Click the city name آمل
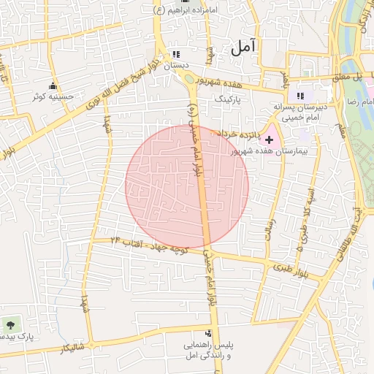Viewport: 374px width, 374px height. click(x=245, y=48)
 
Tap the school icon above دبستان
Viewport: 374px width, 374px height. click(x=175, y=55)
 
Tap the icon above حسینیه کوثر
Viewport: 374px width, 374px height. click(x=53, y=86)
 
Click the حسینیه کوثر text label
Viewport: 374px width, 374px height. click(x=50, y=96)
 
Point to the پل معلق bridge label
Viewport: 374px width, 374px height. click(x=348, y=76)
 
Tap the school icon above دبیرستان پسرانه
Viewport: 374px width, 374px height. click(x=300, y=96)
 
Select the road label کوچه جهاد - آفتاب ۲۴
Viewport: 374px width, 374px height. click(x=149, y=245)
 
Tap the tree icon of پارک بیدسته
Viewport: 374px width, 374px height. click(x=10, y=324)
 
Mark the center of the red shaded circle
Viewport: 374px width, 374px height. click(x=187, y=186)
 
